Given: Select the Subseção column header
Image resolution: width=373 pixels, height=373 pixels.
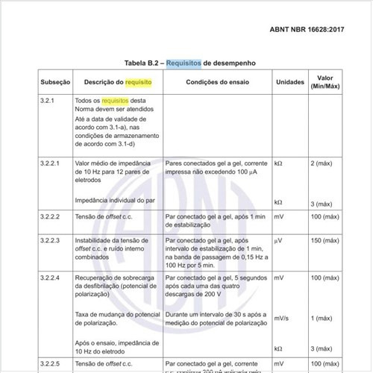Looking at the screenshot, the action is point(55,82).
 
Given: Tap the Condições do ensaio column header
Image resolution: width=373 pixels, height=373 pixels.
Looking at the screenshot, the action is point(217,82).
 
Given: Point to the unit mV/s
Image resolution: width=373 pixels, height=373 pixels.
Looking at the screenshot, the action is point(282,319).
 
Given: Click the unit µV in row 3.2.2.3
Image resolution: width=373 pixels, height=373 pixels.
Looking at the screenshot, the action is point(278,242).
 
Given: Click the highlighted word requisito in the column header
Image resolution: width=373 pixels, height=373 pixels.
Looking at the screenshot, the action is point(138,82).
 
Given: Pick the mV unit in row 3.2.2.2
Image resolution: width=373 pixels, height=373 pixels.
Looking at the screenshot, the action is point(279,216).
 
